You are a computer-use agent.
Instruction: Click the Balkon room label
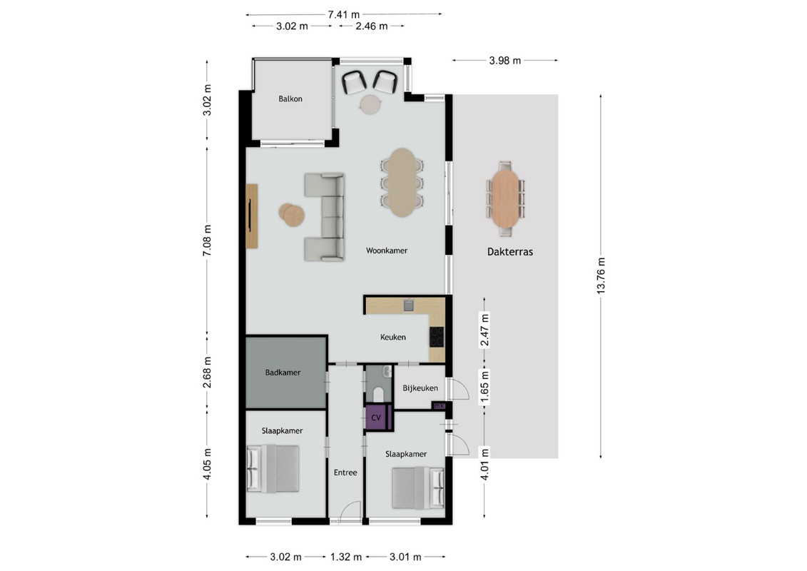tap(290, 99)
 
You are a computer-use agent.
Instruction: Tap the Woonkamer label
tap(387, 251)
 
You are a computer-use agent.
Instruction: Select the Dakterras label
tap(510, 252)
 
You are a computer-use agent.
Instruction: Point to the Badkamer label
tap(283, 373)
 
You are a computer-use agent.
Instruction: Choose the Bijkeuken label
tap(420, 388)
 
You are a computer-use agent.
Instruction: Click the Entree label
tap(345, 472)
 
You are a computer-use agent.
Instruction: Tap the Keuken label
tap(393, 337)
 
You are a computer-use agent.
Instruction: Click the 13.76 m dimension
tap(601, 276)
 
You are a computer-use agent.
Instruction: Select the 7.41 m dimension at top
tap(344, 14)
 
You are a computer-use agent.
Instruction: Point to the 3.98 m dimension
tap(505, 60)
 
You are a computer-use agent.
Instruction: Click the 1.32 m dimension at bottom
tap(346, 557)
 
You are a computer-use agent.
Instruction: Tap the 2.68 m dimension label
tap(207, 373)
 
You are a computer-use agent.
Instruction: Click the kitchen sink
tap(409, 305)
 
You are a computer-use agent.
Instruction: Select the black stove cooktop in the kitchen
tap(437, 337)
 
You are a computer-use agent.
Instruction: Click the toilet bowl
tap(378, 395)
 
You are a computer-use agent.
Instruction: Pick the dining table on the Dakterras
tap(505, 198)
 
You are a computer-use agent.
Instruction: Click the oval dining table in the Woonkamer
tap(402, 182)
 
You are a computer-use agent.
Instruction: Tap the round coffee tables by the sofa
tap(291, 215)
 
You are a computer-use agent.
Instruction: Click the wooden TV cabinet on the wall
tap(252, 216)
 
